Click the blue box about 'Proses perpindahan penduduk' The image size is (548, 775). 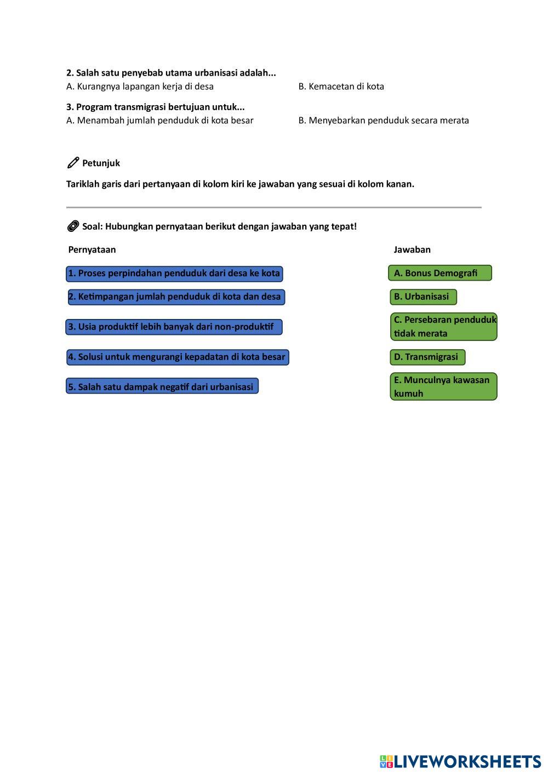click(x=174, y=273)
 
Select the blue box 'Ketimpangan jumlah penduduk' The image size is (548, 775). click(x=176, y=297)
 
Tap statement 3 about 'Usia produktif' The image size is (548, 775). click(x=174, y=327)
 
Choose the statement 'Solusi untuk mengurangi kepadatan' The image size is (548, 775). click(x=178, y=357)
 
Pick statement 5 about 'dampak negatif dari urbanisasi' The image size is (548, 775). click(x=162, y=386)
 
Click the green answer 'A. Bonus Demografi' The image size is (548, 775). click(x=439, y=273)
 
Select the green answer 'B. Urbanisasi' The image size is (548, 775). click(x=423, y=297)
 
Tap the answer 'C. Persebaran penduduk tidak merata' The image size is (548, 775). click(x=443, y=327)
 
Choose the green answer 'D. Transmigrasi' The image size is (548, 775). click(x=427, y=357)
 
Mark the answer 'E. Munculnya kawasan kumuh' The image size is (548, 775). click(x=443, y=386)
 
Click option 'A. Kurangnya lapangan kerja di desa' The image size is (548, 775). click(x=140, y=87)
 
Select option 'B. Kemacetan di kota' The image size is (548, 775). click(x=341, y=87)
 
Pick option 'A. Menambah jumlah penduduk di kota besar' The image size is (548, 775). click(x=159, y=121)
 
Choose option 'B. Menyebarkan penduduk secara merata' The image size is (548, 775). click(x=384, y=121)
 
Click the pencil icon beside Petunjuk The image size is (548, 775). click(x=73, y=163)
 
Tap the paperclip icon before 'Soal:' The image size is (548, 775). click(x=73, y=226)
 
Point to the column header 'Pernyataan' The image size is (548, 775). click(x=92, y=250)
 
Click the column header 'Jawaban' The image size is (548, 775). click(x=412, y=250)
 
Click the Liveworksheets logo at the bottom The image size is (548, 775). click(x=460, y=761)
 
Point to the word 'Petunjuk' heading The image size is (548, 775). click(x=101, y=163)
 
